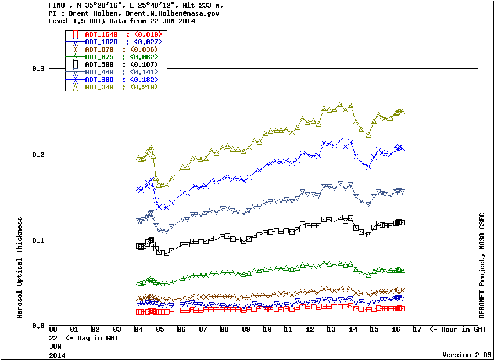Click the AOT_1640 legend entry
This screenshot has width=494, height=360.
(101, 34)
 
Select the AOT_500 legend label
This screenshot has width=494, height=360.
(101, 64)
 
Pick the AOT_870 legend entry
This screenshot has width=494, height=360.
(99, 49)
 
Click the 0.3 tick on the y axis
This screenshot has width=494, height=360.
(39, 69)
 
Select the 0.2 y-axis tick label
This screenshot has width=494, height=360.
(39, 154)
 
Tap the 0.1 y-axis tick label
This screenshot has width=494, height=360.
(39, 240)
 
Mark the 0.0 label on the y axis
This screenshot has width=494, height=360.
(39, 326)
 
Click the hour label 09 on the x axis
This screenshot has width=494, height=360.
(246, 330)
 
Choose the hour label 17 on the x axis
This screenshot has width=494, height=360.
(417, 330)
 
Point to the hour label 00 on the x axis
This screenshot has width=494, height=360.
(53, 330)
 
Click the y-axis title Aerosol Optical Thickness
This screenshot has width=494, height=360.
(20, 268)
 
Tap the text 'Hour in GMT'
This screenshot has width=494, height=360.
(462, 330)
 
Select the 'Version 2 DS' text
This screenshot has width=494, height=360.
(467, 354)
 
